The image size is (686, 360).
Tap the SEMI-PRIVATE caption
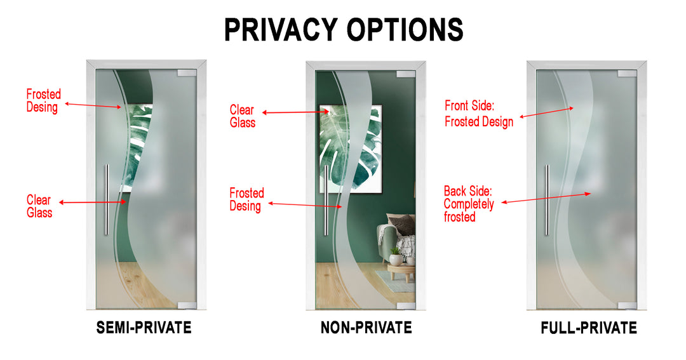pyautogui.click(x=144, y=328)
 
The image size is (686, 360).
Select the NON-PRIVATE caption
pyautogui.click(x=366, y=328)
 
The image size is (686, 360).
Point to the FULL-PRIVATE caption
pyautogui.click(x=588, y=328)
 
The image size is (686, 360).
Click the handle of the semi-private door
pyautogui.click(x=107, y=199)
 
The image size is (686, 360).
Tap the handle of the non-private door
pyautogui.click(x=326, y=199)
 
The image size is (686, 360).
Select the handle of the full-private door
pyautogui.click(x=546, y=199)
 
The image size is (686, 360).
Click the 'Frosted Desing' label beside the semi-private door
pyautogui.click(x=43, y=101)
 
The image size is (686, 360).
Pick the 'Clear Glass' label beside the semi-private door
pyautogui.click(x=39, y=206)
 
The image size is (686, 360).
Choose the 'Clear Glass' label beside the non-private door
pyautogui.click(x=243, y=116)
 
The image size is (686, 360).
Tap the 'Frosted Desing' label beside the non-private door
pyautogui.click(x=246, y=199)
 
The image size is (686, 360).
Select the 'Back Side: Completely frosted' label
pyautogui.click(x=469, y=204)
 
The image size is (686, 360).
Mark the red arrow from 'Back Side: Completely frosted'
pyautogui.click(x=546, y=197)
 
